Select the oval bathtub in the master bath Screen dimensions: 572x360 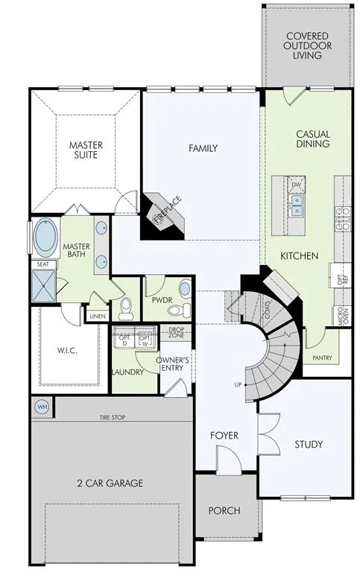click(46, 238)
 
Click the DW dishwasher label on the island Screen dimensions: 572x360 click(297, 185)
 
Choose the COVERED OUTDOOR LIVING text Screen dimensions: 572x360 click(307, 45)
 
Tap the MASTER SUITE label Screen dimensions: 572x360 click(86, 150)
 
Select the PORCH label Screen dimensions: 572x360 click(224, 510)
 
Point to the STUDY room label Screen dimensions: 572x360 click(308, 445)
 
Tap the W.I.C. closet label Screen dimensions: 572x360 click(69, 349)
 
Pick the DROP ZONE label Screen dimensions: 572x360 click(177, 332)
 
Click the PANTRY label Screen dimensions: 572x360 click(323, 357)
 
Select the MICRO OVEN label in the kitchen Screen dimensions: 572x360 click(342, 317)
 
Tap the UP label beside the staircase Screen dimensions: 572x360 click(238, 385)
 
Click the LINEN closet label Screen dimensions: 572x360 click(97, 317)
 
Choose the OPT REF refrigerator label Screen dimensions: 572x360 click(342, 279)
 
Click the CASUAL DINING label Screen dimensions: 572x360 click(313, 139)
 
